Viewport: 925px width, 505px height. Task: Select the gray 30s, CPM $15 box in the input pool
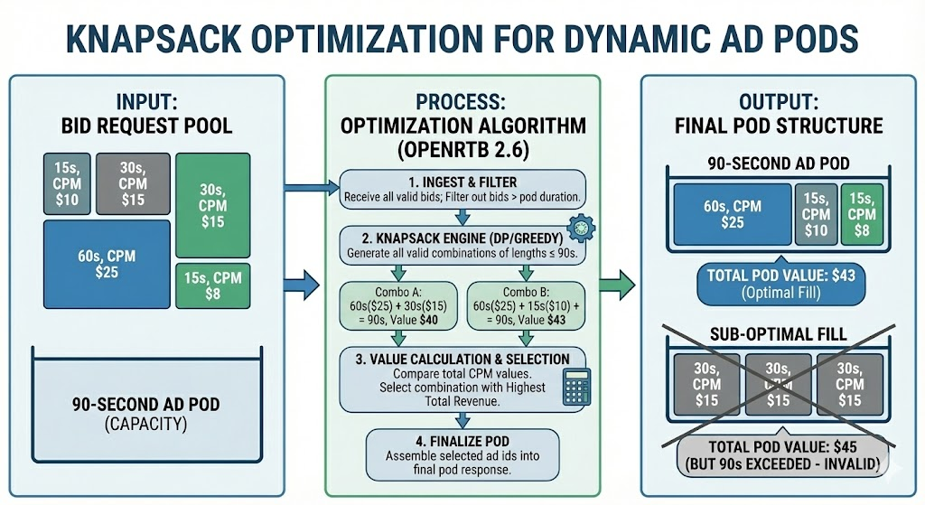click(132, 183)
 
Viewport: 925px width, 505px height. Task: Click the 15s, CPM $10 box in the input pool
click(67, 183)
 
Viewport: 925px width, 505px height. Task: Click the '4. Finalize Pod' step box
click(462, 452)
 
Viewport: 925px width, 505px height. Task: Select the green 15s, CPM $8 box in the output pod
click(863, 214)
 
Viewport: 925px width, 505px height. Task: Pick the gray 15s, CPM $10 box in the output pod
click(816, 214)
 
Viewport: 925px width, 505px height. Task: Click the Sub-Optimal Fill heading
click(778, 334)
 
